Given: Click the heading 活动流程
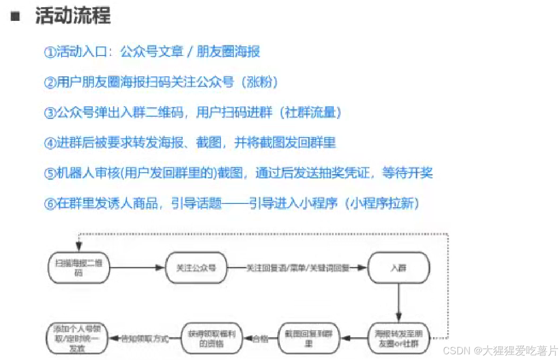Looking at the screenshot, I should pos(73,16).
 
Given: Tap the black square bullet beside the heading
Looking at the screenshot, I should pos(15,17).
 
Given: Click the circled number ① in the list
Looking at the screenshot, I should pos(50,52).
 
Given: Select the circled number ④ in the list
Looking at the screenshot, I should pos(50,143).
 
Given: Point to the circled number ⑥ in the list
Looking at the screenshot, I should pos(50,204).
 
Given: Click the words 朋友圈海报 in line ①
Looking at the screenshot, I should pos(228,52).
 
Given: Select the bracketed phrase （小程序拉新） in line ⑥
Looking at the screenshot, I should pos(382,204).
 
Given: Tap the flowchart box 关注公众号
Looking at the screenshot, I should pos(196,268).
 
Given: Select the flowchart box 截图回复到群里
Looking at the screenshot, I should pos(309,338).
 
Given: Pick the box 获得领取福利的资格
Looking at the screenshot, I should pos(212,338).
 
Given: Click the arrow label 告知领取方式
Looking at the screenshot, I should pos(145,339).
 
